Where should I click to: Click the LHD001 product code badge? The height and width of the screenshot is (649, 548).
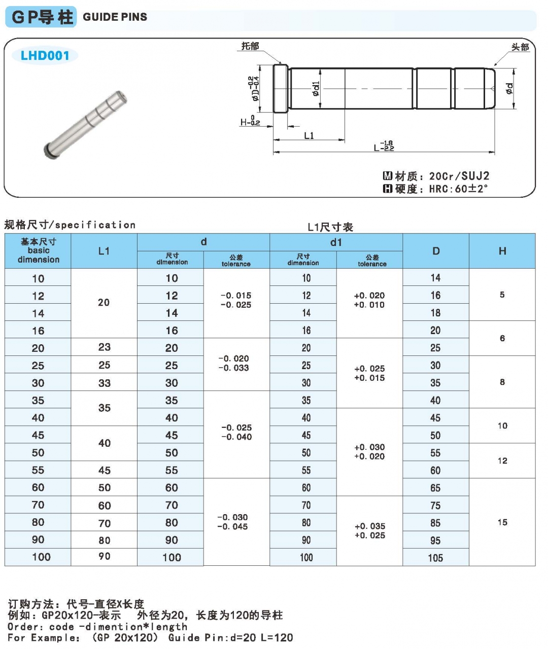[x=45, y=55]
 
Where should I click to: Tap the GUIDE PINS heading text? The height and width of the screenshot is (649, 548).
[x=115, y=17]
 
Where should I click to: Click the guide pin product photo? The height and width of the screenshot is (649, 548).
[x=85, y=124]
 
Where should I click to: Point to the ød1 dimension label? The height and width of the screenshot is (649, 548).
[x=316, y=89]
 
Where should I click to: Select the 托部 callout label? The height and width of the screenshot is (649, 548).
[x=250, y=46]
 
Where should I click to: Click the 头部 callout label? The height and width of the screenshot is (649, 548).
[x=520, y=47]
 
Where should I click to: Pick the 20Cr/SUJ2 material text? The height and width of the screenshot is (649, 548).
[x=459, y=176]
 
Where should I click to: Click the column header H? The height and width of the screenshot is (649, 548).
[x=502, y=251]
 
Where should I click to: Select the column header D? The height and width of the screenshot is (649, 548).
[x=436, y=251]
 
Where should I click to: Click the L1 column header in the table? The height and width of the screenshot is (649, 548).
[x=104, y=251]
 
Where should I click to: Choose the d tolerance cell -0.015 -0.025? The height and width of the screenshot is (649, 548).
[x=236, y=300]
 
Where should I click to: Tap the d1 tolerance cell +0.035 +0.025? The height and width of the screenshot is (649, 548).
[x=369, y=531]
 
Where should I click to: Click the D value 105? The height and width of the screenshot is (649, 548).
[x=435, y=558]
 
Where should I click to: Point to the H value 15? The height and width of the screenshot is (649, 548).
[x=502, y=522]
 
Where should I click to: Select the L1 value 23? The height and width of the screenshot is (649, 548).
[x=104, y=347]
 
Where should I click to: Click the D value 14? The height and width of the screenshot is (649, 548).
[x=435, y=278]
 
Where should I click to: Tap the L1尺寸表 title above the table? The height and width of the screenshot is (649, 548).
[x=330, y=227]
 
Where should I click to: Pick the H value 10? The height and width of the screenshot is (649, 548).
[x=502, y=426]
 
